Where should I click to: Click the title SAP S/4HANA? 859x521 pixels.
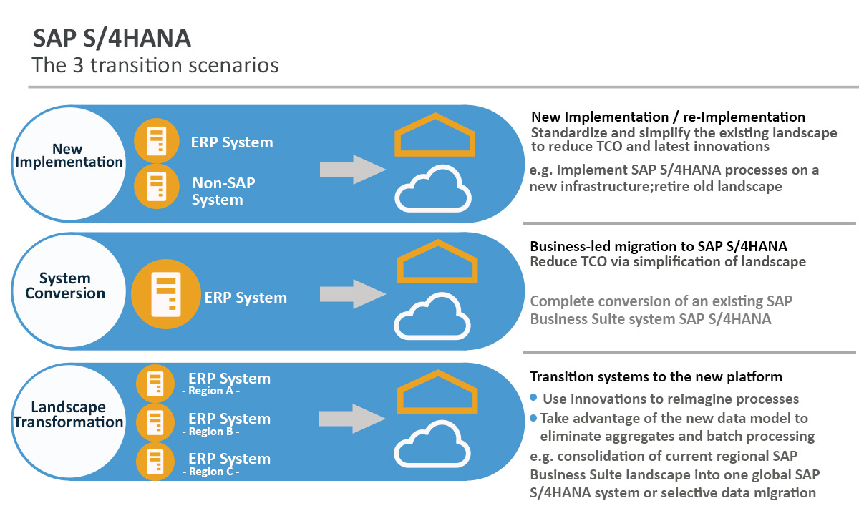[112, 38]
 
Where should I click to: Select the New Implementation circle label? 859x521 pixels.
[68, 155]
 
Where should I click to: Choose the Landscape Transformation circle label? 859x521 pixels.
[68, 414]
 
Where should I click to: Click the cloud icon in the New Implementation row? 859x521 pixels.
[433, 188]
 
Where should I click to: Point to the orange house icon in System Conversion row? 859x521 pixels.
[437, 263]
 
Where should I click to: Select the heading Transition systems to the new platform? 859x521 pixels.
[656, 376]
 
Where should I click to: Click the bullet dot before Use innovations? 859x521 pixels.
[533, 398]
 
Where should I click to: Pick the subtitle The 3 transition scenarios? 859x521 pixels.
[155, 65]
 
